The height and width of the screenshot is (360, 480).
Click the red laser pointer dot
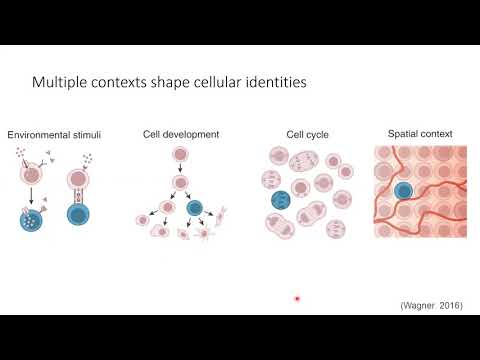(x=297, y=298)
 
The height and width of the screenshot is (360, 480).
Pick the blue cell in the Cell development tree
(x=196, y=209)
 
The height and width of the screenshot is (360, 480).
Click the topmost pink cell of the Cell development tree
(x=180, y=155)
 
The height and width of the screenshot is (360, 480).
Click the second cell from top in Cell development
(x=180, y=183)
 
